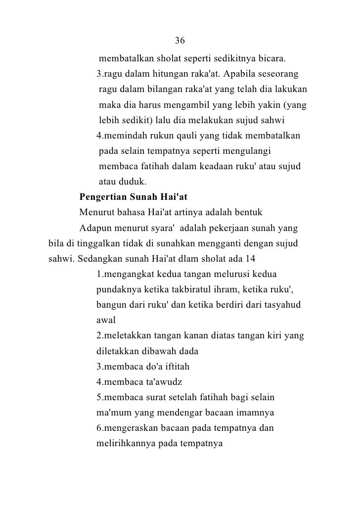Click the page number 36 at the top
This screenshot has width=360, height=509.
180,40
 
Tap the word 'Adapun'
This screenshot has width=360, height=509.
95,229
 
